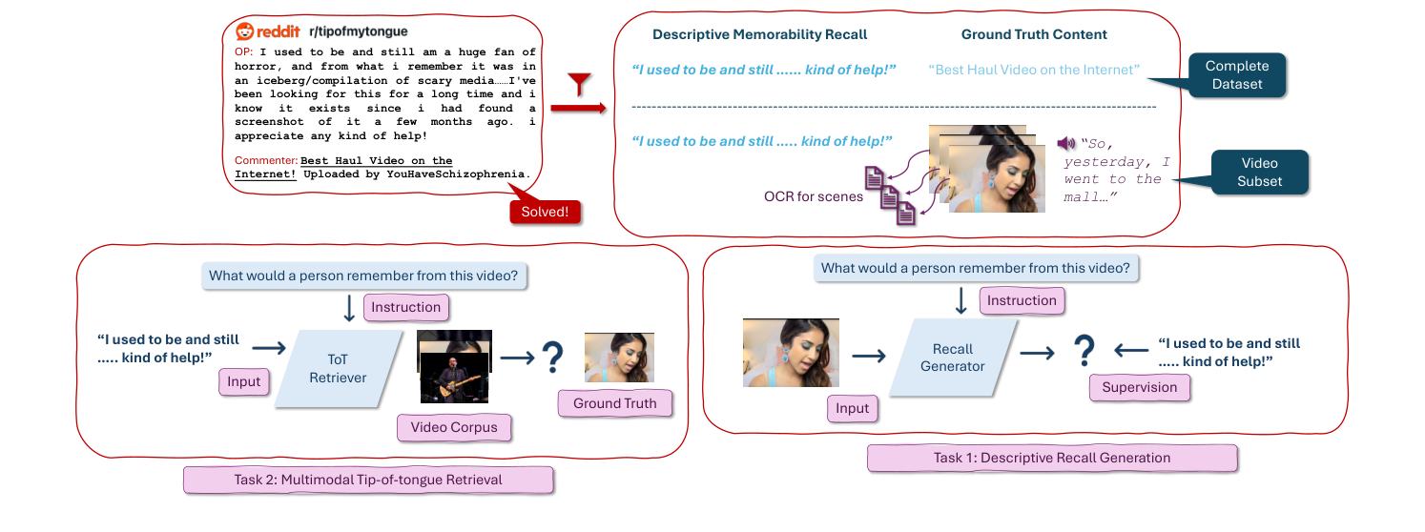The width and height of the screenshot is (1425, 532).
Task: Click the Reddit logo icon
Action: pos(245,31)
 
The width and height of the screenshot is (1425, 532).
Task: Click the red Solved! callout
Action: pos(547,212)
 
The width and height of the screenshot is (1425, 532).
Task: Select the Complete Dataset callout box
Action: pos(1236,74)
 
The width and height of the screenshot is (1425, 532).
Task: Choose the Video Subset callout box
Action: pos(1259,172)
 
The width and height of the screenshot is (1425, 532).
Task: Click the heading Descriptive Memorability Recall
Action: pos(759,34)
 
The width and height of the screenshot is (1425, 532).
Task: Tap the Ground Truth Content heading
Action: pos(1034,34)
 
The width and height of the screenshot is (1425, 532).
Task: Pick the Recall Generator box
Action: pos(952,358)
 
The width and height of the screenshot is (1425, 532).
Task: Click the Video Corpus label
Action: pos(454,427)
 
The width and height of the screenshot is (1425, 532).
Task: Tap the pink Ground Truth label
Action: pos(614,403)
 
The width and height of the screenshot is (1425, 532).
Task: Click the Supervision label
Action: pos(1139,387)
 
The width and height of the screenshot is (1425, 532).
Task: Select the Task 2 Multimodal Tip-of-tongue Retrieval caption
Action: pos(368,480)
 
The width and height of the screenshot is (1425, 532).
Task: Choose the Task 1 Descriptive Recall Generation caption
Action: pos(1051,458)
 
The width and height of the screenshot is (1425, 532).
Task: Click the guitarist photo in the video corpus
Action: pos(454,378)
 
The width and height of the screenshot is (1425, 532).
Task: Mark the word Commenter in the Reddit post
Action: pos(265,160)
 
